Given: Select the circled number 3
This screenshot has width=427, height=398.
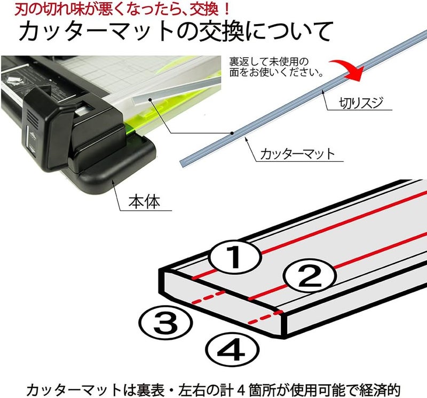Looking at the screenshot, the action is pyautogui.click(x=165, y=322).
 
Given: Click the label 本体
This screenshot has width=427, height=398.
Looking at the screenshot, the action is pyautogui.click(x=144, y=202).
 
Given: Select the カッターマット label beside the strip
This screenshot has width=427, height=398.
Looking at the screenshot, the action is pyautogui.click(x=297, y=154).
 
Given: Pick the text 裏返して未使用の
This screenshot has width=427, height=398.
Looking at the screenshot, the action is pyautogui.click(x=268, y=61).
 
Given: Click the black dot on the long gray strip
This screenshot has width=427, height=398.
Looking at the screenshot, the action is pyautogui.click(x=232, y=133).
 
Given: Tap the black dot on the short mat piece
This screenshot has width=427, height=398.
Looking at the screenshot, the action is pyautogui.click(x=150, y=99).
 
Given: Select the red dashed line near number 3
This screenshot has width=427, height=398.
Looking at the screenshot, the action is pyautogui.click(x=209, y=297).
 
